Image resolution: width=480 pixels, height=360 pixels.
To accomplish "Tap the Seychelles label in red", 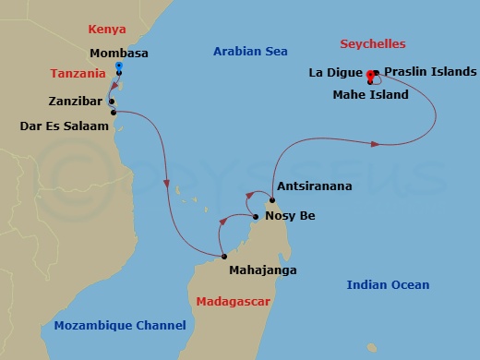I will (x=373, y=44).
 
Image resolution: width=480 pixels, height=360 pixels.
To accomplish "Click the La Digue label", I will (x=335, y=71).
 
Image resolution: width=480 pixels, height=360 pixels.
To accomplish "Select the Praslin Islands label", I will (x=430, y=71).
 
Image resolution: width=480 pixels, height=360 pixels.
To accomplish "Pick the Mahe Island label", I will (x=370, y=95).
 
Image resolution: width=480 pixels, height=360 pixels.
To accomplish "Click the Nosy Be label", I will (x=290, y=215).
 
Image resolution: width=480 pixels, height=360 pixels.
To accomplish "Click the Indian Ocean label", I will (x=388, y=285).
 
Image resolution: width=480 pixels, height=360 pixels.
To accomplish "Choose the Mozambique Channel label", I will (x=120, y=325).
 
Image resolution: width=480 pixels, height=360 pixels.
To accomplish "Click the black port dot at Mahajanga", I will (x=223, y=256).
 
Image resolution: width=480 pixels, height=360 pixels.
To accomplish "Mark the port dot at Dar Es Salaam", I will (x=114, y=113).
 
